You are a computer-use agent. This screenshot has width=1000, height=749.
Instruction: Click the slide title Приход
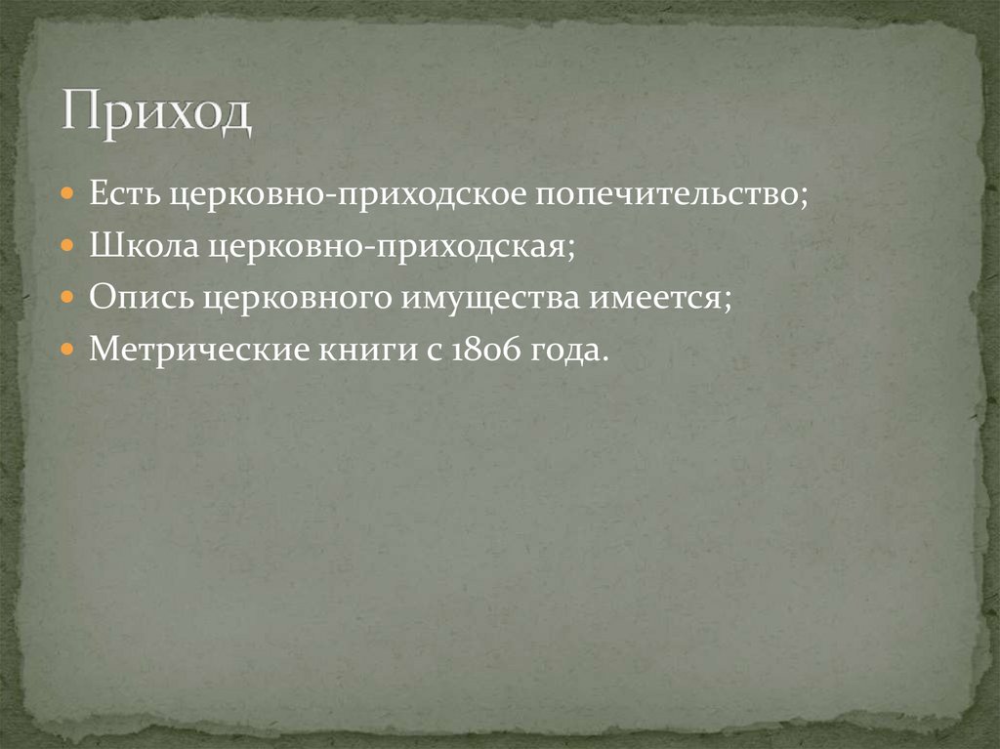point(157,113)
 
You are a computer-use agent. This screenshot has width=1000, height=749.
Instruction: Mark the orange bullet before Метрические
point(66,350)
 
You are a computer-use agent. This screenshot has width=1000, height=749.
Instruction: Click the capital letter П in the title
point(79,113)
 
